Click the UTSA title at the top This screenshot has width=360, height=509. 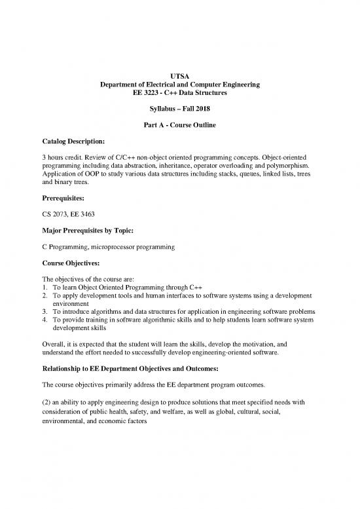179,77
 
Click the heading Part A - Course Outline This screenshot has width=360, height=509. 179,125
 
